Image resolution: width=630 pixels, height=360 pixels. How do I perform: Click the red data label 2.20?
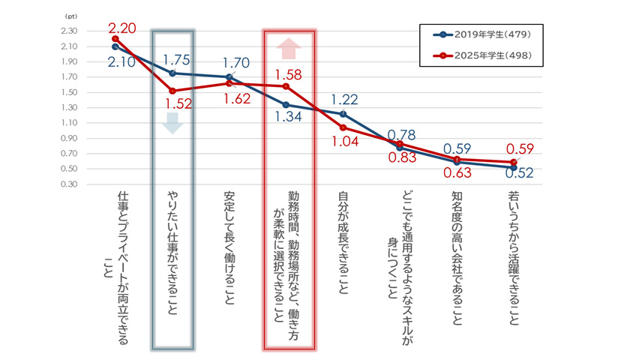(121, 28)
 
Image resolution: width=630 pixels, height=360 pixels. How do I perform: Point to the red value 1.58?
(289, 74)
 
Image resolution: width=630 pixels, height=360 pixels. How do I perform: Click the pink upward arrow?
(288, 49)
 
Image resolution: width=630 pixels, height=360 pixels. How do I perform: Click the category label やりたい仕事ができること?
(173, 251)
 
